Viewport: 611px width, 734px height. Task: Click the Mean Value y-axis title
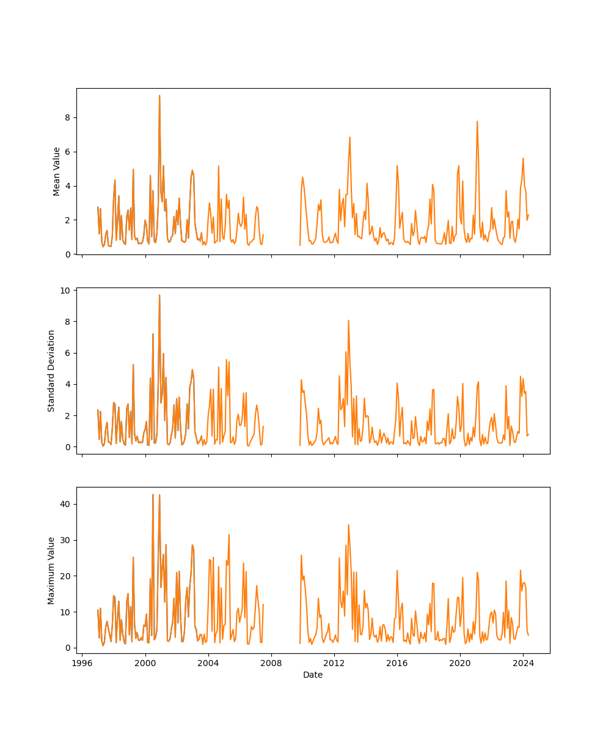tap(57, 171)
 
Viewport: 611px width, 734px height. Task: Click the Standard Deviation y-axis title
tap(51, 371)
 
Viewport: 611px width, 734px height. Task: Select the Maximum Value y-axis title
tap(51, 570)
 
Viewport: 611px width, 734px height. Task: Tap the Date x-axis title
tap(313, 675)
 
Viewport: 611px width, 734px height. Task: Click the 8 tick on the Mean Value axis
tap(68, 117)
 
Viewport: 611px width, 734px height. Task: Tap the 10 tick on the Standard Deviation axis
tap(65, 290)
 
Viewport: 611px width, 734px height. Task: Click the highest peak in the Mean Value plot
tap(159, 95)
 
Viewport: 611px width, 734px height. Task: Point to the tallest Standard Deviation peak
tap(159, 295)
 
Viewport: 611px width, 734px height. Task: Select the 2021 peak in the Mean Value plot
tap(477, 121)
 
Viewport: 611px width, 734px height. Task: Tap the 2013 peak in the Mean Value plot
tap(349, 137)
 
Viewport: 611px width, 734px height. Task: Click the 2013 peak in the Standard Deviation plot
tap(348, 320)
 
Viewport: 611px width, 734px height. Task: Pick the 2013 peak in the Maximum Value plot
tap(348, 524)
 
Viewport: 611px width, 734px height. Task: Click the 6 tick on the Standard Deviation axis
tap(68, 353)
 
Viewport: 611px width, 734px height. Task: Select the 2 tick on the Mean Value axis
tap(68, 220)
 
